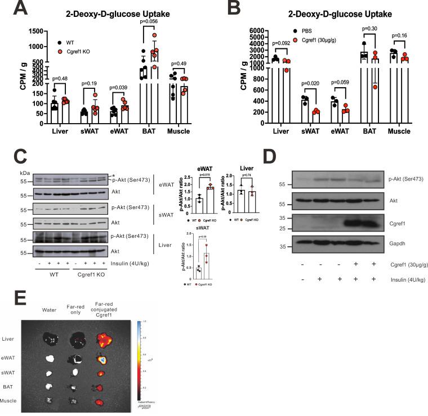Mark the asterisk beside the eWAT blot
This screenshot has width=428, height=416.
114,176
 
